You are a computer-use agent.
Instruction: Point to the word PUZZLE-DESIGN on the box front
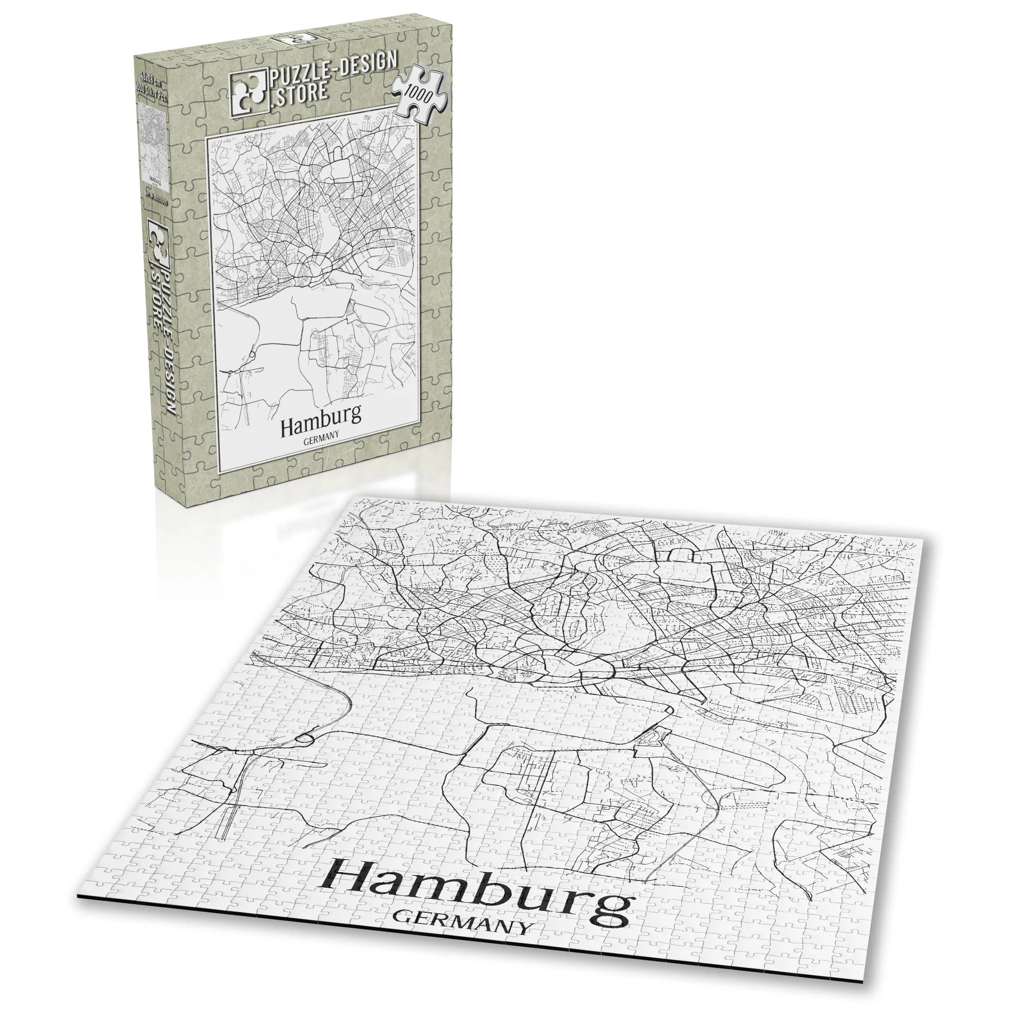tap(334, 72)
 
